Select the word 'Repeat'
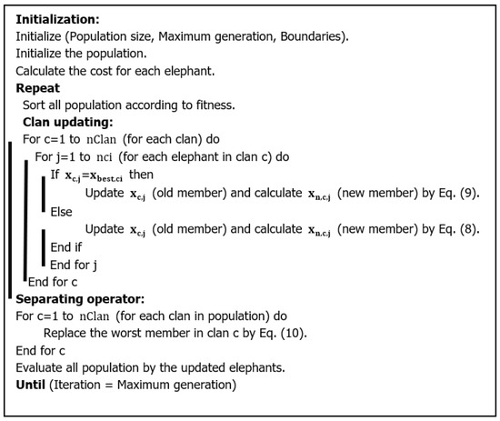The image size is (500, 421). tap(39, 88)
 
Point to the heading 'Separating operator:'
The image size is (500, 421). tap(75, 298)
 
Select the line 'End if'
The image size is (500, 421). tap(69, 246)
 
